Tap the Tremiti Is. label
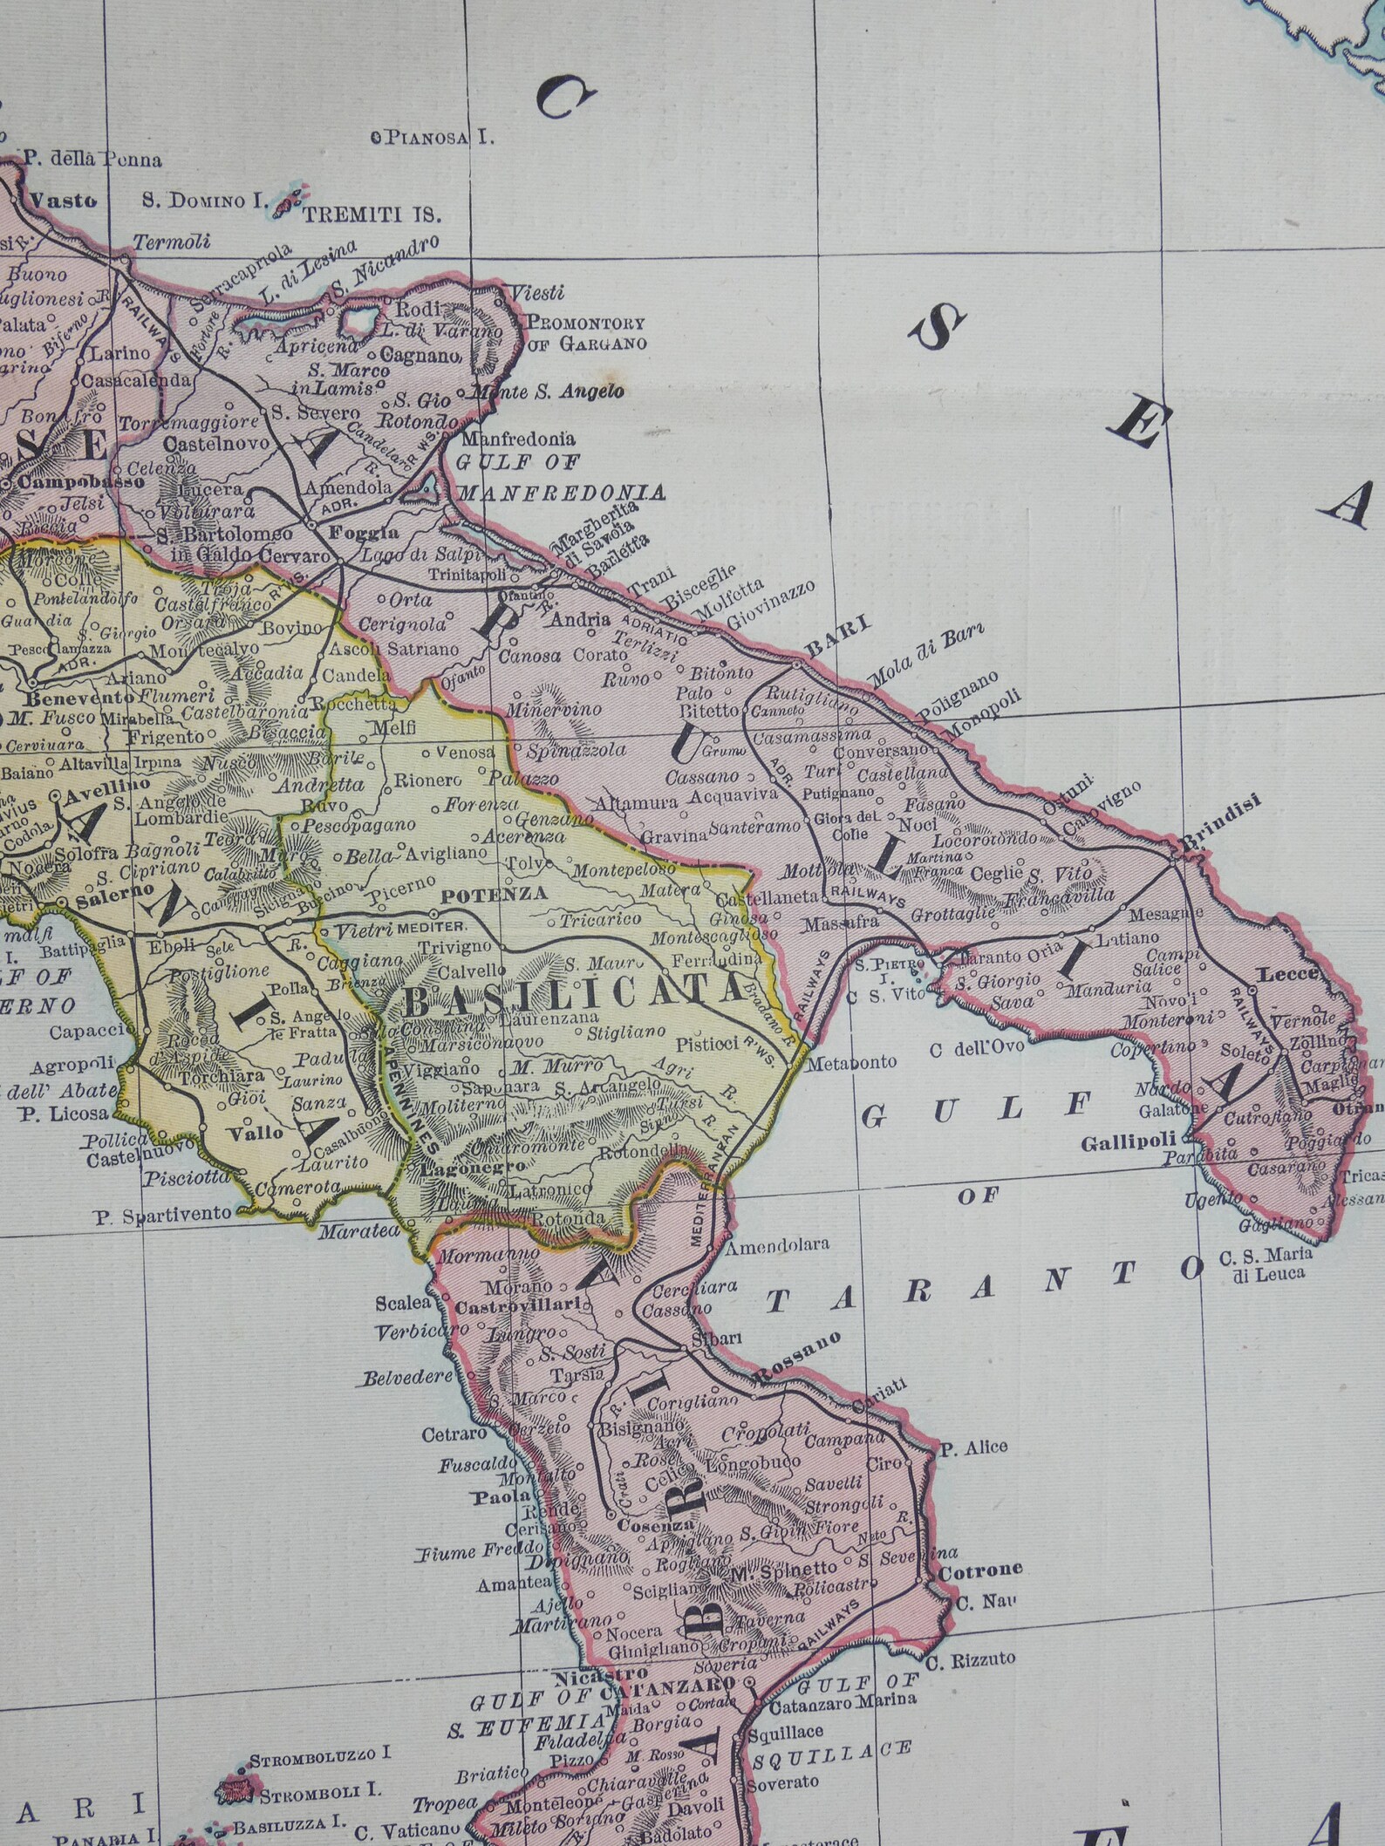coord(372,213)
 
